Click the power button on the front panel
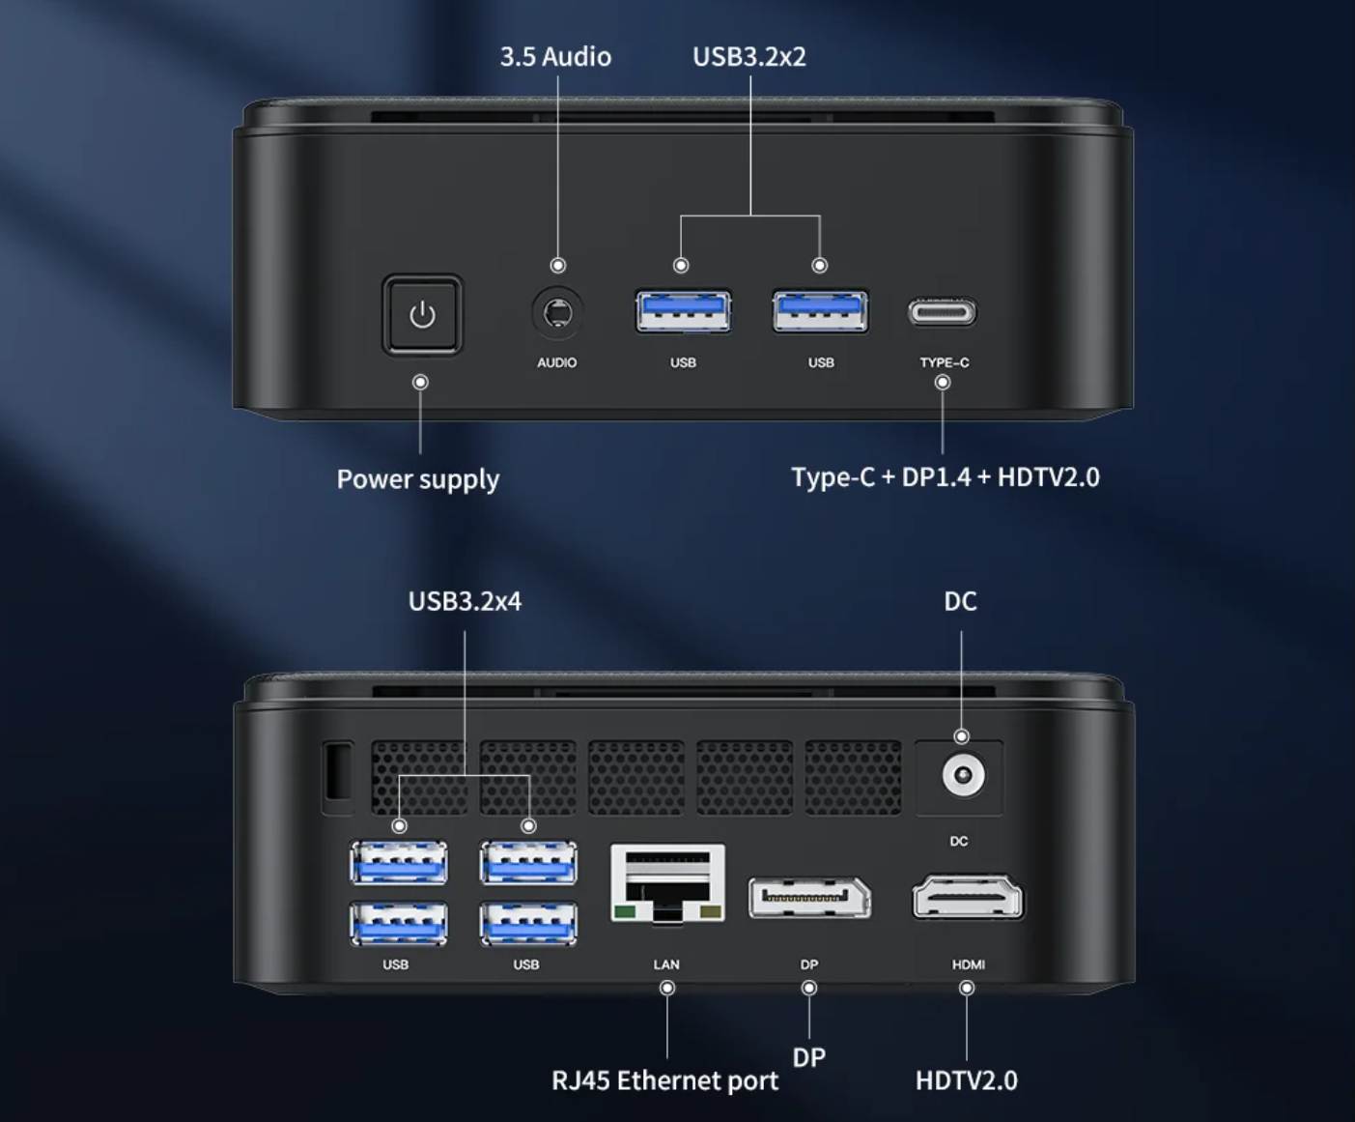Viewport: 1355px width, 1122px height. click(x=422, y=315)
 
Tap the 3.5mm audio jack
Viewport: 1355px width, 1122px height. click(x=557, y=313)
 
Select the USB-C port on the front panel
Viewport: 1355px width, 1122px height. click(x=943, y=312)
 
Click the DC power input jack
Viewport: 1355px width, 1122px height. click(x=963, y=775)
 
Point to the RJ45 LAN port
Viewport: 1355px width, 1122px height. click(x=667, y=883)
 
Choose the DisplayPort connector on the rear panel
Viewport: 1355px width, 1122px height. click(x=809, y=898)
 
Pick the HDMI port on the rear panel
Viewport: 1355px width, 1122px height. click(x=968, y=898)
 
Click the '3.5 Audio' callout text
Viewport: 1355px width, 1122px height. click(x=555, y=57)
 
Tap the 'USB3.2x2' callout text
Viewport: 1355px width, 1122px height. click(x=749, y=57)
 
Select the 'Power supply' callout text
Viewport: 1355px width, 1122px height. click(x=418, y=480)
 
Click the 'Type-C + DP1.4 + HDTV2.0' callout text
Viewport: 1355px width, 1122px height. click(x=946, y=477)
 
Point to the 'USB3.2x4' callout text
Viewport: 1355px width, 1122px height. click(x=465, y=601)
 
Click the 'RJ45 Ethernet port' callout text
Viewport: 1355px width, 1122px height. click(x=664, y=1081)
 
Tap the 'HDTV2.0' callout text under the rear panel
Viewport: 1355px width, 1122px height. click(x=967, y=1081)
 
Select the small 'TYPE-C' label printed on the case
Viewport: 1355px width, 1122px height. click(x=945, y=362)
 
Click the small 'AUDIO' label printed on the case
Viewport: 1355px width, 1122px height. click(x=557, y=362)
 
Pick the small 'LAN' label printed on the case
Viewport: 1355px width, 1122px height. click(x=666, y=964)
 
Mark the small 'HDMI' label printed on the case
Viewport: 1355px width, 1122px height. click(x=969, y=964)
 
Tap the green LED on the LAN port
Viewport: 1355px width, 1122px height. click(x=624, y=911)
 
